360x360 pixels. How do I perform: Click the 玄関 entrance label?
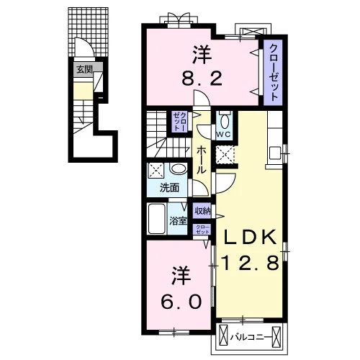click(84, 70)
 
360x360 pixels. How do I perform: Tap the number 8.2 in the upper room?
click(202, 79)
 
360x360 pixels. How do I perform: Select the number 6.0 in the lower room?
click(181, 302)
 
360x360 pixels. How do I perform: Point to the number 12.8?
click(250, 263)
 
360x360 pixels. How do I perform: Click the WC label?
click(223, 135)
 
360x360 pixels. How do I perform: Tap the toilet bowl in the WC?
click(225, 121)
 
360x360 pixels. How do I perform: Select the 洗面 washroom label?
click(169, 188)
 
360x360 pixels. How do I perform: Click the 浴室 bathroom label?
click(178, 221)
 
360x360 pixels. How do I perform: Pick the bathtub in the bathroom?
click(157, 218)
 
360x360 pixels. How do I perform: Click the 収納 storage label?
click(202, 211)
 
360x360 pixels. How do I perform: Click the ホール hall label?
click(202, 160)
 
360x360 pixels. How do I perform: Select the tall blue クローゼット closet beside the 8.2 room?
click(273, 73)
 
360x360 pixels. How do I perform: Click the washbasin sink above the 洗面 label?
click(179, 168)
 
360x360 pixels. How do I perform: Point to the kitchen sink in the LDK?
click(275, 153)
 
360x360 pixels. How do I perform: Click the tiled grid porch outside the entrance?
click(88, 32)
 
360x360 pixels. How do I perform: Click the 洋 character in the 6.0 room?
click(181, 275)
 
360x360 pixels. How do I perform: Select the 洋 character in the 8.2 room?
click(202, 55)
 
